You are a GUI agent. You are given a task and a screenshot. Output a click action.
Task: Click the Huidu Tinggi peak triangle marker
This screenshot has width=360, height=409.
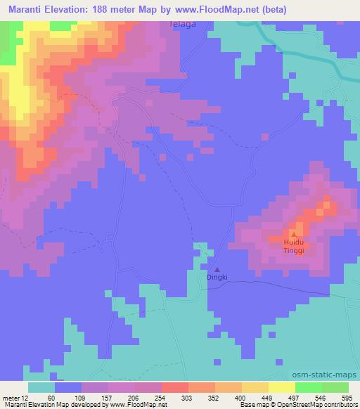pyautogui.click(x=293, y=235)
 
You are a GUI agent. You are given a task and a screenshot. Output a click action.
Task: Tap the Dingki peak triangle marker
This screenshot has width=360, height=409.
pyautogui.click(x=217, y=269)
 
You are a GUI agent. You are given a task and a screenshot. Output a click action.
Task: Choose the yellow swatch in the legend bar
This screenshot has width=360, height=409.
pyautogui.click(x=281, y=387)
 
